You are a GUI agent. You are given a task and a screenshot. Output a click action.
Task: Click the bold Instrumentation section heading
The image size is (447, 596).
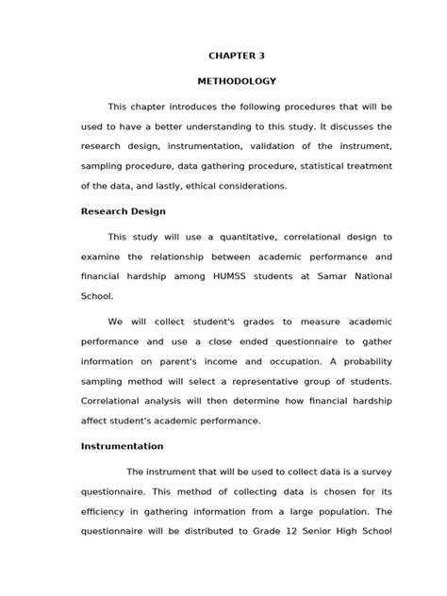coord(123,445)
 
